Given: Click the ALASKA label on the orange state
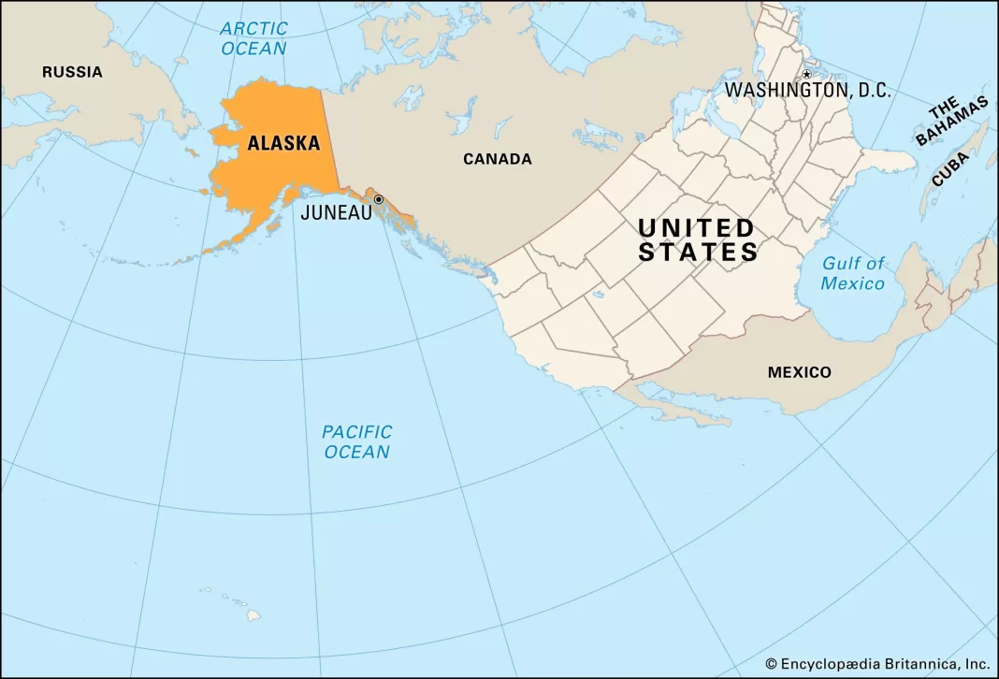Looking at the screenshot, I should click(282, 144).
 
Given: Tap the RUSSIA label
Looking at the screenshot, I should click(72, 72).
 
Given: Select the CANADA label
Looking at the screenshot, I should click(498, 159).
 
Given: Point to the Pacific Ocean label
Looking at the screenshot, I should click(356, 441).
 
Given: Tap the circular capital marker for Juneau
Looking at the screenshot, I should click(378, 199).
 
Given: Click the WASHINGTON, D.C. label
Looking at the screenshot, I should click(808, 91).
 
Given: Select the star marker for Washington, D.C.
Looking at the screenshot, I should click(806, 74).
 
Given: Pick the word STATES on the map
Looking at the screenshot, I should click(698, 252).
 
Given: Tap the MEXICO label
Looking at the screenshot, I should click(799, 372).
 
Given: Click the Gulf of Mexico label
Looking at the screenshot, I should click(852, 274).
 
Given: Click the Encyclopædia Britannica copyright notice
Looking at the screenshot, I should click(877, 663).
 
